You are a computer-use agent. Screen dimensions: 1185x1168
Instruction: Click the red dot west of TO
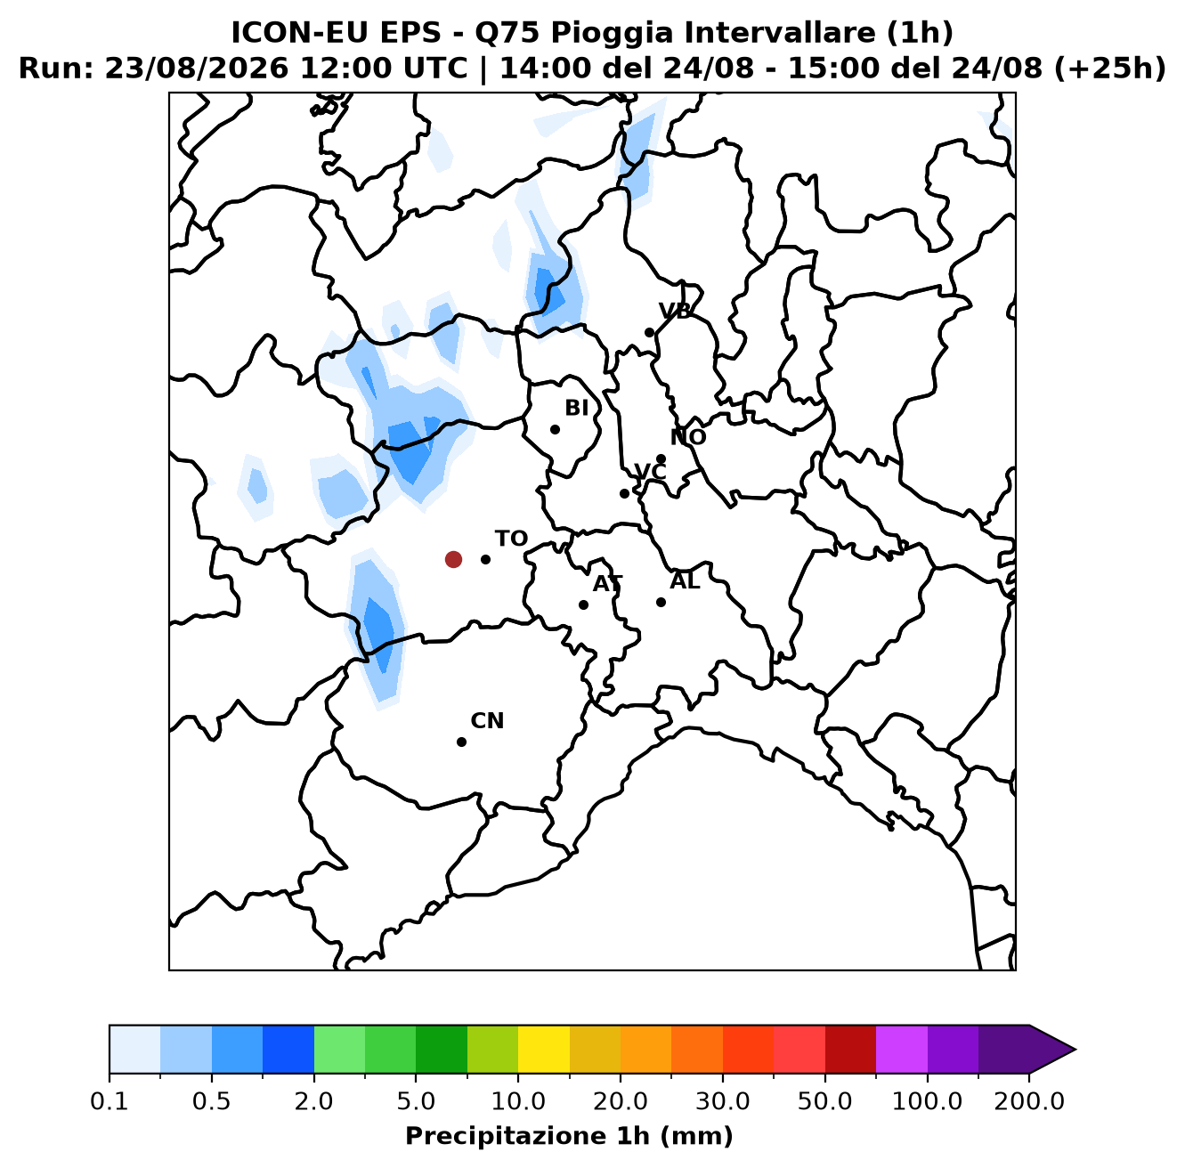453,559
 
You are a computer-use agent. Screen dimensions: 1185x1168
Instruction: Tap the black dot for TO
485,559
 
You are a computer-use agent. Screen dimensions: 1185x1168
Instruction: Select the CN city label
487,720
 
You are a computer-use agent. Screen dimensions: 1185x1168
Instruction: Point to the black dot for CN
461,742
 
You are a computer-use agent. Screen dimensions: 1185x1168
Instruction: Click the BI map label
576,407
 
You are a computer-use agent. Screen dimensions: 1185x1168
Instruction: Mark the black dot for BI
555,429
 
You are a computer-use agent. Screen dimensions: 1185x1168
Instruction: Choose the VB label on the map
675,311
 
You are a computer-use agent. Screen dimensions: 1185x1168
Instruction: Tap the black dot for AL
661,602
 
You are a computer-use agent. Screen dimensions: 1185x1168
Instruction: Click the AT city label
607,584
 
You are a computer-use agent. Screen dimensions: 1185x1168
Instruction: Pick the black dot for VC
624,493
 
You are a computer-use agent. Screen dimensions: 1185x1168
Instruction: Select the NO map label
688,437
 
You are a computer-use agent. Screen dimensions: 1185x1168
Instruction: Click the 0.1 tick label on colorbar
110,1101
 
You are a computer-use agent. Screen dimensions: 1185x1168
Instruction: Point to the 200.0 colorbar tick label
1029,1101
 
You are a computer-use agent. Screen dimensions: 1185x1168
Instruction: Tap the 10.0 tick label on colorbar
518,1101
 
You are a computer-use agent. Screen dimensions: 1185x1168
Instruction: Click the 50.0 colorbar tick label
824,1101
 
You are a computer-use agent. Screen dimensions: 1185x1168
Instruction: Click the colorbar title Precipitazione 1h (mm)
569,1135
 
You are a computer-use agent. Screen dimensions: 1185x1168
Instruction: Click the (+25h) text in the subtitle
1109,69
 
